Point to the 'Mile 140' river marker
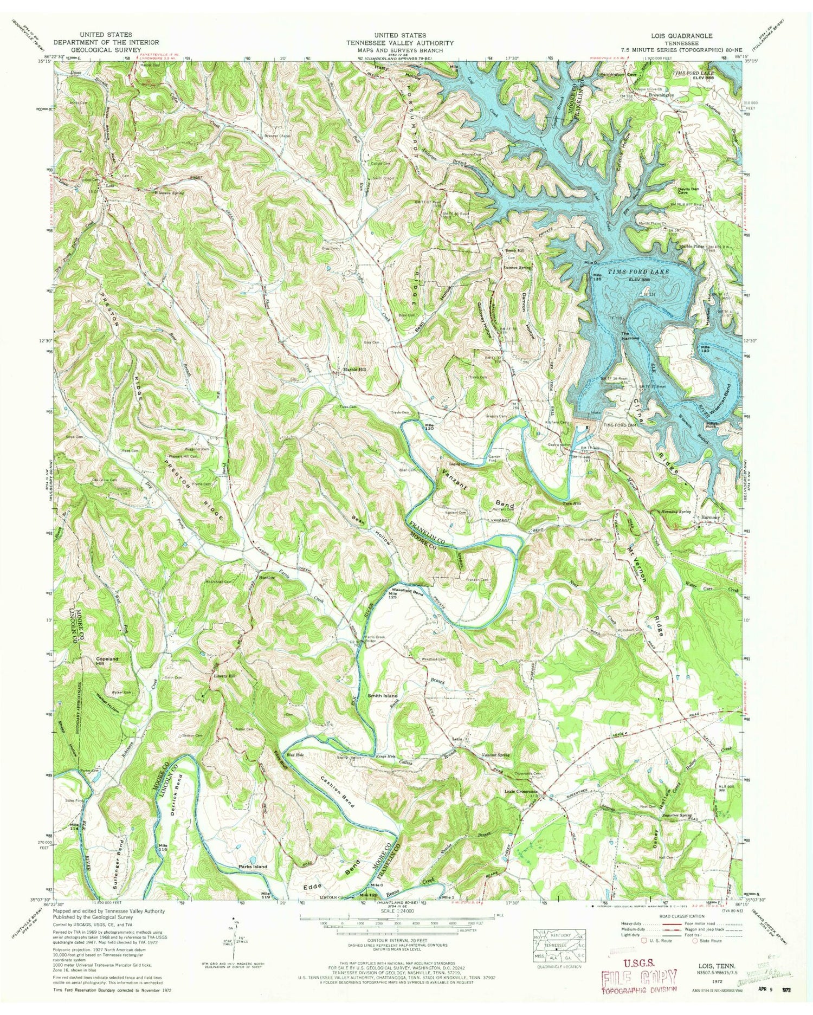[x=705, y=348]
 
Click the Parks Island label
[x=253, y=867]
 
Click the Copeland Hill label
[x=107, y=661]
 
